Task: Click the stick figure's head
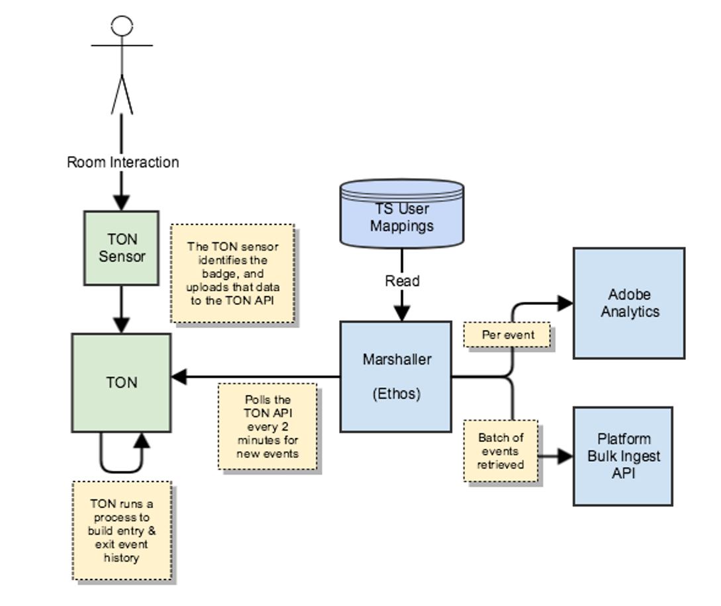click(122, 26)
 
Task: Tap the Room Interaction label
click(122, 162)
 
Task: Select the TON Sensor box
click(122, 248)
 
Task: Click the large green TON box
click(122, 382)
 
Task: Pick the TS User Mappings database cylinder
click(402, 213)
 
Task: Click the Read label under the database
click(402, 281)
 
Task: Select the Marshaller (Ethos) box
click(396, 376)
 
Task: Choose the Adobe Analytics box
click(629, 303)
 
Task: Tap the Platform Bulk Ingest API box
click(623, 456)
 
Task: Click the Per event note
click(508, 335)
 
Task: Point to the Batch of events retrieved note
click(501, 451)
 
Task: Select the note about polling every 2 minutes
click(267, 427)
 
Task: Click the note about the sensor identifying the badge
click(232, 273)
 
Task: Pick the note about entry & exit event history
click(122, 531)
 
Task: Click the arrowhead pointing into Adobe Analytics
click(565, 304)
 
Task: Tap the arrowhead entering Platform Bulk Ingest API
click(565, 456)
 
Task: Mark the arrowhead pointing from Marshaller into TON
click(179, 377)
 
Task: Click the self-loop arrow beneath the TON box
click(122, 463)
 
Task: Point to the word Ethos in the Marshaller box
click(396, 394)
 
